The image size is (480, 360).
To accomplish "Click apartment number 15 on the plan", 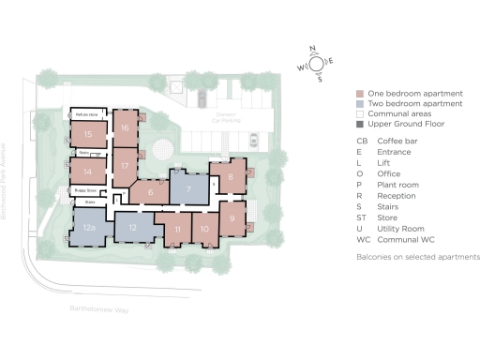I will [x=87, y=135].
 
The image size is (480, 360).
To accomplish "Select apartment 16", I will [x=125, y=127].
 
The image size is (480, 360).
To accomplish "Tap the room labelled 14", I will [x=87, y=172].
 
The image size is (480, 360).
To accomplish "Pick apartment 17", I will [x=125, y=165].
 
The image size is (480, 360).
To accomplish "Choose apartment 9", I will [x=232, y=219].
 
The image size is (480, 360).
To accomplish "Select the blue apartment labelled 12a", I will [x=89, y=228].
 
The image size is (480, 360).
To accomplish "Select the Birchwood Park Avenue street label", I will [x=6, y=178].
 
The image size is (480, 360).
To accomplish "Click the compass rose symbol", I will [x=317, y=63].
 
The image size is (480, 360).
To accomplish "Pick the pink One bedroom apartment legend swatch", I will [x=360, y=94].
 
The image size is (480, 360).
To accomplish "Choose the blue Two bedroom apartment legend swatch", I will [x=360, y=104].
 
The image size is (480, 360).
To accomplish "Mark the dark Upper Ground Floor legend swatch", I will [x=360, y=124].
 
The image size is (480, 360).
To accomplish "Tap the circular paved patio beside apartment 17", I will [x=164, y=147].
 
